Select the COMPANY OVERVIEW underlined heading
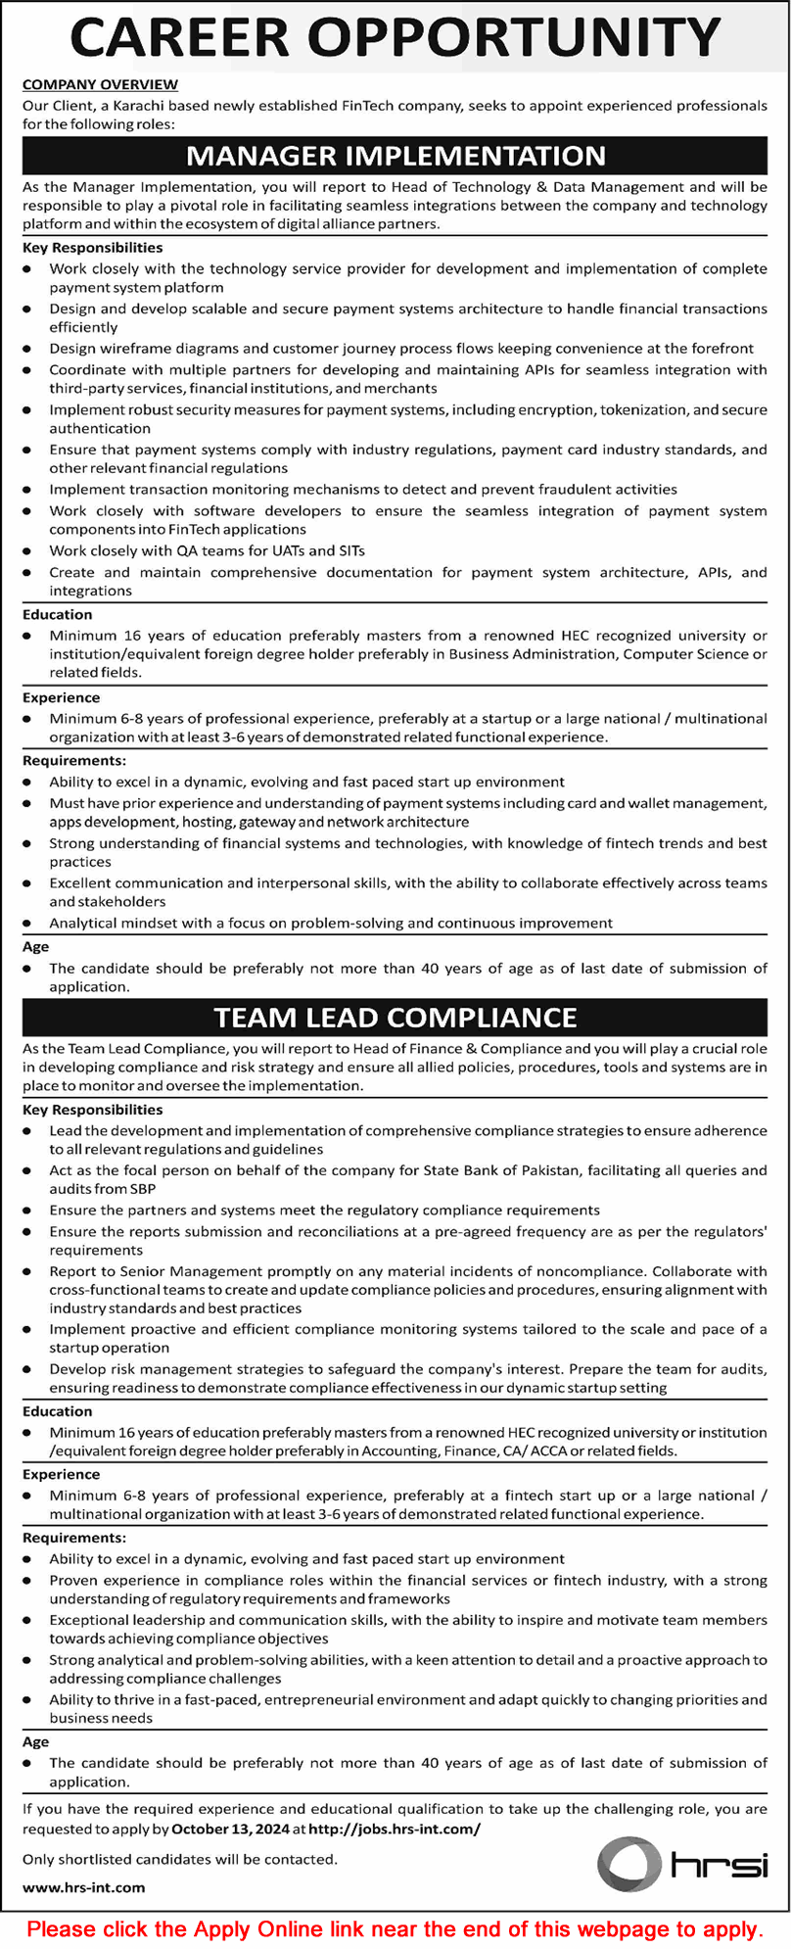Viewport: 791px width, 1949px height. pyautogui.click(x=100, y=85)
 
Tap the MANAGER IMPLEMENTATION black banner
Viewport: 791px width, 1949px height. pyautogui.click(x=395, y=156)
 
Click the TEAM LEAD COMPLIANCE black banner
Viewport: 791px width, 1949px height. pyautogui.click(x=395, y=1018)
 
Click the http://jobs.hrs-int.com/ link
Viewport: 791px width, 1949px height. pyautogui.click(x=395, y=1829)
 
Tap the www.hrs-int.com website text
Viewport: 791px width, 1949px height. pyautogui.click(x=83, y=1887)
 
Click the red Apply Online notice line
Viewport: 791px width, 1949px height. pyautogui.click(x=395, y=1928)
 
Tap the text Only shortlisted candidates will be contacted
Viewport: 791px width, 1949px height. pyautogui.click(x=179, y=1859)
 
